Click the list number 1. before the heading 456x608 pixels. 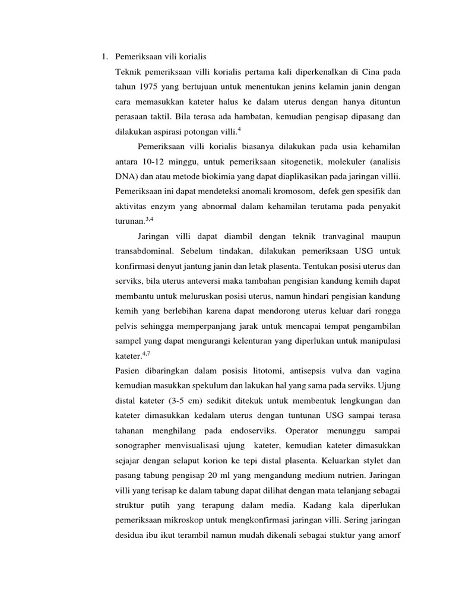coord(104,57)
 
